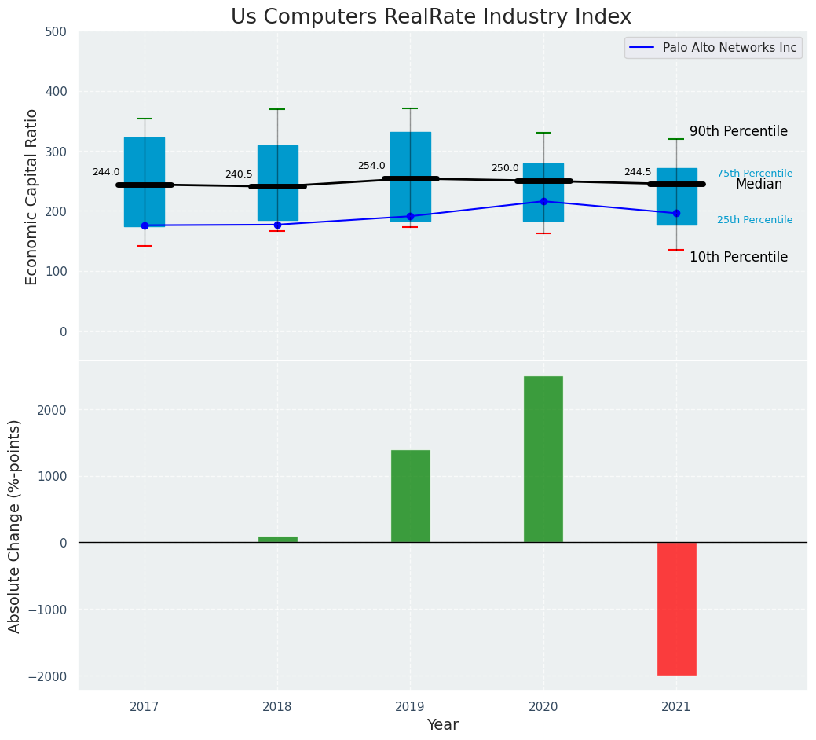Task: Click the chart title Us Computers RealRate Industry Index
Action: click(x=430, y=17)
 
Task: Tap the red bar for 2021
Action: click(x=676, y=608)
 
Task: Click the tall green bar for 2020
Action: click(x=543, y=460)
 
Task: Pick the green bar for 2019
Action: click(x=410, y=496)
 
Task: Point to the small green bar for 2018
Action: click(x=277, y=539)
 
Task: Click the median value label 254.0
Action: click(x=371, y=166)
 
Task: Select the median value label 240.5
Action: click(x=239, y=174)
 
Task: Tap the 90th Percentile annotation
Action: click(x=738, y=131)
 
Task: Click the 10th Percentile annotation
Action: click(x=738, y=257)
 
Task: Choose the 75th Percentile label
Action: click(x=755, y=174)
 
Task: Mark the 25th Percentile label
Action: click(x=755, y=220)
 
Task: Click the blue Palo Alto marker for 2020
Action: click(x=543, y=201)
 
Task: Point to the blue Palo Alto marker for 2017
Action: click(x=145, y=225)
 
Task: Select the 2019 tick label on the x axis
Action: click(x=410, y=707)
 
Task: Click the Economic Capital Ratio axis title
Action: click(x=32, y=196)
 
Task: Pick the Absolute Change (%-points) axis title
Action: click(x=15, y=526)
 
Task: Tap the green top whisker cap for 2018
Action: click(x=277, y=109)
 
